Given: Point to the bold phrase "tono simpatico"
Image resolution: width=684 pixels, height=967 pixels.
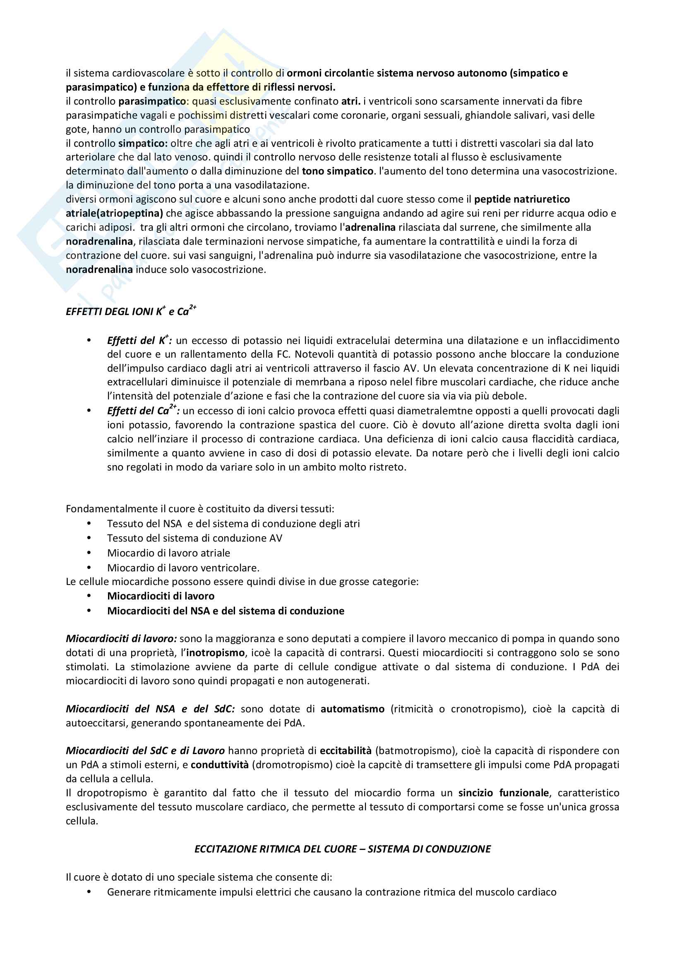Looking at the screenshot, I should pos(338,172).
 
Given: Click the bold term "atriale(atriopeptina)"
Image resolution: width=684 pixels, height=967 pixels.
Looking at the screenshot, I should pos(114,213).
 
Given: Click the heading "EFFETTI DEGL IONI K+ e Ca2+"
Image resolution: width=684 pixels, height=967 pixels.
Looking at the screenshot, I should pos(131,311).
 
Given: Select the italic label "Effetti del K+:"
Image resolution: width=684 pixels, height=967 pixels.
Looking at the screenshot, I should pos(139,340).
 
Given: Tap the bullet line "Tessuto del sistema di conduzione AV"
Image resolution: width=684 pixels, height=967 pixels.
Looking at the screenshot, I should pos(194,538).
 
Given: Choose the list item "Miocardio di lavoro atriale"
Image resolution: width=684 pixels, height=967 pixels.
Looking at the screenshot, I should pos(168,553).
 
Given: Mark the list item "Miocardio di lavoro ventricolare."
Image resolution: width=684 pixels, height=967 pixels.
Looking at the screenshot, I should pos(183,568).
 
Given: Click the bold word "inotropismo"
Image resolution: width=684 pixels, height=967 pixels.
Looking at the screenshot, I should pos(215,653).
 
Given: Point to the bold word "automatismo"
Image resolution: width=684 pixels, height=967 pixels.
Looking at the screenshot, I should pos(352,709).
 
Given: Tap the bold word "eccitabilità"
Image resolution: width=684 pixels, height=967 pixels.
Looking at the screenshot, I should pos(346,751).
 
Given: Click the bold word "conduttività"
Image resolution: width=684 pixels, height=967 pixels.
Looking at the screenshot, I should pos(220,765).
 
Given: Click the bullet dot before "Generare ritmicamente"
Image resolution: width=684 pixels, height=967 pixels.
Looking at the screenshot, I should pos(89,892).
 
